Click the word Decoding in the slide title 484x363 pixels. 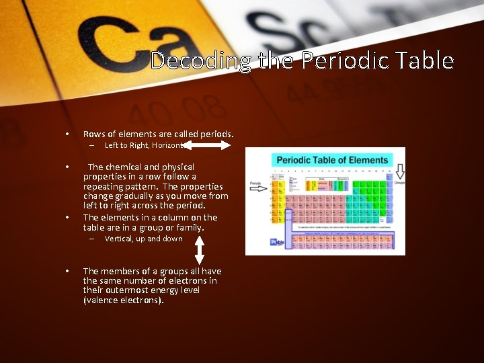[200, 61]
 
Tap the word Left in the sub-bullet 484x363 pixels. [111, 145]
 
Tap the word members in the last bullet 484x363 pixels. [124, 271]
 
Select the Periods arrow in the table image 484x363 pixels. [258, 189]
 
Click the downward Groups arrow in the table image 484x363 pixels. [399, 172]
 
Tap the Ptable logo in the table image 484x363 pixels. [277, 242]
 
